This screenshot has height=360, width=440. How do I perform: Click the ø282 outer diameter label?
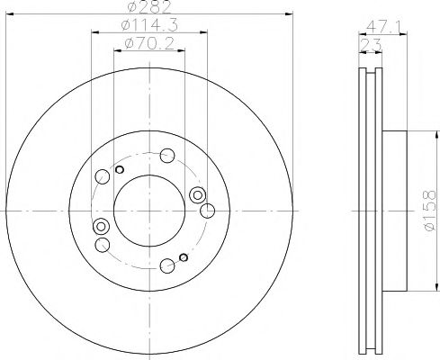click(148, 6)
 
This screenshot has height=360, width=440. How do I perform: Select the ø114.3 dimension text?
click(149, 25)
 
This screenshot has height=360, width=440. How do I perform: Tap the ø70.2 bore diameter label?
click(149, 44)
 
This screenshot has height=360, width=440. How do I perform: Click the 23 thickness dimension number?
click(371, 45)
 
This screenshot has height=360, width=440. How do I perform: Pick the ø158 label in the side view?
click(430, 210)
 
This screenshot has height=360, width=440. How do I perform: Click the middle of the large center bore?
click(149, 211)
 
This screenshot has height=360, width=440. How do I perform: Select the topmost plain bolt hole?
click(167, 156)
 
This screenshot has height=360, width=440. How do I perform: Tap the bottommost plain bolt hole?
click(167, 265)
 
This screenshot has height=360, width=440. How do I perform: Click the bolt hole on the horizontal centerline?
click(207, 211)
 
